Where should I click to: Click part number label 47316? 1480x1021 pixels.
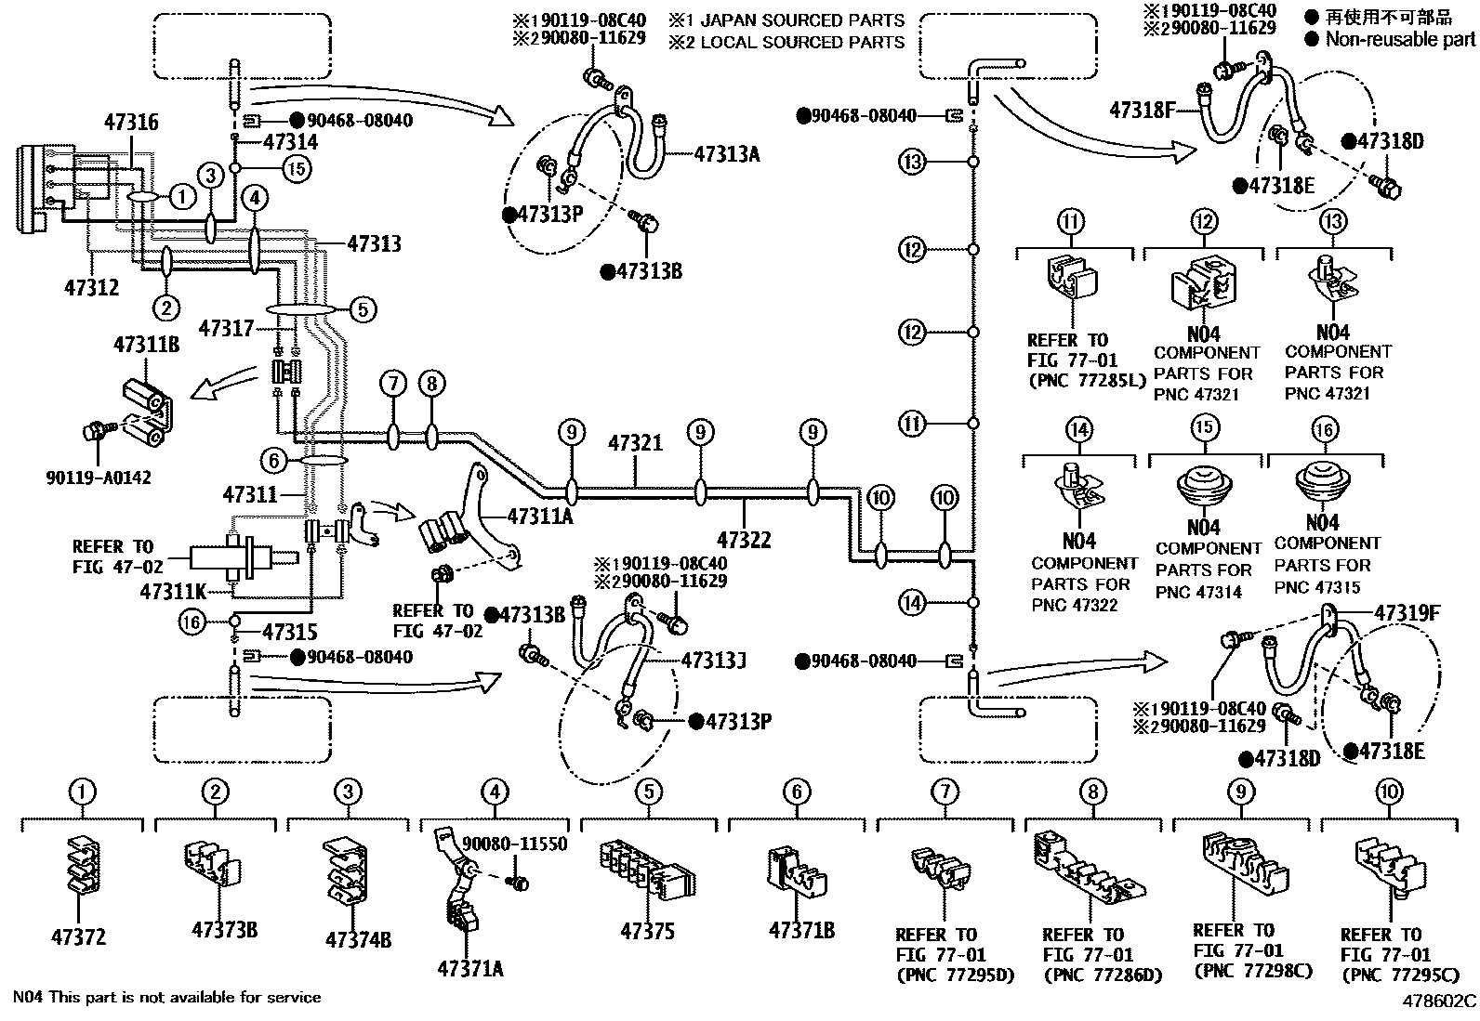point(131,122)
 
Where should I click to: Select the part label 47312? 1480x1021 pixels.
point(91,287)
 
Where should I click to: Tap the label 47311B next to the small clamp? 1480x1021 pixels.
point(147,345)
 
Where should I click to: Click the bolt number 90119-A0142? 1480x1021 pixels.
point(98,478)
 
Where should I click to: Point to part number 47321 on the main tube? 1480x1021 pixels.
point(635,443)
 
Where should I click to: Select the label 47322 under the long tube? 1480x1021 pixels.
point(744,538)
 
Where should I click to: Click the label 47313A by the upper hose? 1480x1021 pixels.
point(726,154)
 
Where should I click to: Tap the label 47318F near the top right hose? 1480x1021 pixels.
point(1143,111)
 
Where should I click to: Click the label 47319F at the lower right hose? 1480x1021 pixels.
point(1407,613)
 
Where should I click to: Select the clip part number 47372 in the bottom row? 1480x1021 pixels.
point(78,936)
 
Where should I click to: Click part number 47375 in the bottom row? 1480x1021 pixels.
point(647,931)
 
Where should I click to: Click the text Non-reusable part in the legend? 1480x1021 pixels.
point(1399,39)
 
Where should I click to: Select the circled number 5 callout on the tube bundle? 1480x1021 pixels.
point(363,308)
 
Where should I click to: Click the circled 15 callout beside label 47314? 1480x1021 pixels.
point(297,168)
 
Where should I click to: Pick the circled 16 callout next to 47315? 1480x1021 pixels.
point(192,622)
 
